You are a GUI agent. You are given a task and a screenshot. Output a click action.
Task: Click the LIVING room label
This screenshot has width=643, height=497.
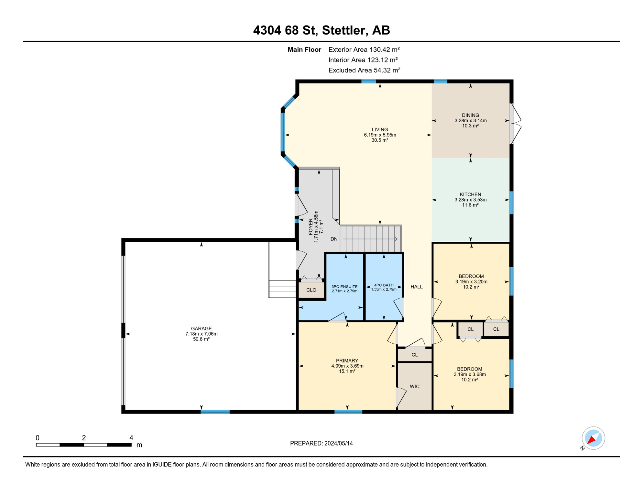(x=380, y=130)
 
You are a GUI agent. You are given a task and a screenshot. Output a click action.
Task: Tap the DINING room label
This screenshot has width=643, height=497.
(x=470, y=115)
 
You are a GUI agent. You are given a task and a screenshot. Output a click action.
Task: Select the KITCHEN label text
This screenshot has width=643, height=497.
(x=470, y=194)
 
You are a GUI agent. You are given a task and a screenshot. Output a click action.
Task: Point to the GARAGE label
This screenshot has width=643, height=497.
(x=201, y=328)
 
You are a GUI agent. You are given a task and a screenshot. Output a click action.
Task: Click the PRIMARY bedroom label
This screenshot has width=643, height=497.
(x=347, y=360)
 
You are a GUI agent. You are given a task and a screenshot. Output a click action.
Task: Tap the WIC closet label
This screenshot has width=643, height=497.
(x=414, y=386)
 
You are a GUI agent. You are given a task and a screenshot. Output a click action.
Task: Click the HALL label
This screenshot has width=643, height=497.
(x=417, y=287)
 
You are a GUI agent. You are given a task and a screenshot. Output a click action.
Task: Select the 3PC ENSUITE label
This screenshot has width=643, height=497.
(x=344, y=287)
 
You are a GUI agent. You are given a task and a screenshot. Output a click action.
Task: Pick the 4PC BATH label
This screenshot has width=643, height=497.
(x=384, y=285)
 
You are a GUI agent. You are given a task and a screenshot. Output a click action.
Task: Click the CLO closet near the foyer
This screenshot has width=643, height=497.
(x=311, y=290)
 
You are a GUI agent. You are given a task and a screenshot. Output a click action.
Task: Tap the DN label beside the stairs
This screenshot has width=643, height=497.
(x=334, y=239)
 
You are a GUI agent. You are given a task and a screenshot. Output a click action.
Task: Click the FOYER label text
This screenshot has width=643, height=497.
(x=311, y=226)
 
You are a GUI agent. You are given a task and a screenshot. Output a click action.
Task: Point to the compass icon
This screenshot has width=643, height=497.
(x=593, y=438)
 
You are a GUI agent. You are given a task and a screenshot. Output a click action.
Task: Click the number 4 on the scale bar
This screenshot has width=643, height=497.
(x=131, y=438)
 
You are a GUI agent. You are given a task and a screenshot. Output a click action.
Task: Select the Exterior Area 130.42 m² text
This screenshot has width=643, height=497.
(x=364, y=50)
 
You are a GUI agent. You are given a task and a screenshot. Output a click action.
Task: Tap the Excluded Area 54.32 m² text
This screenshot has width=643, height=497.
(x=364, y=70)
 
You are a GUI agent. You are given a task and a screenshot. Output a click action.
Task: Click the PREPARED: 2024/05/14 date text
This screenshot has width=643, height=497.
(x=321, y=443)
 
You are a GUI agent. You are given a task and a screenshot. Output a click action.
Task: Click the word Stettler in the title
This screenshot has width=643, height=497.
(x=345, y=30)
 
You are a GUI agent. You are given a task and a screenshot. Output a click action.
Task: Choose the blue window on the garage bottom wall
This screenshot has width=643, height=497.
(x=215, y=412)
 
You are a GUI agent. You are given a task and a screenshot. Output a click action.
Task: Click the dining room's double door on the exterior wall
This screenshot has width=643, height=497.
(x=515, y=124)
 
